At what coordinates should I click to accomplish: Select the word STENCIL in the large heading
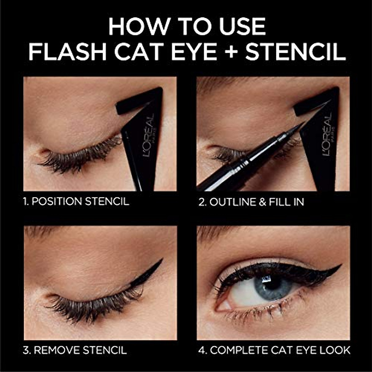(295, 52)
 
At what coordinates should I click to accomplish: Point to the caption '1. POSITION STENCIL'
(76, 201)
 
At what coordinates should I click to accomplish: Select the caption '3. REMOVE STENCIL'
(75, 350)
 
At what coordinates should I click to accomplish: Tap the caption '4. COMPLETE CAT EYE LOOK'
(274, 350)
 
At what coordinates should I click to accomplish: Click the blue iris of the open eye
(260, 290)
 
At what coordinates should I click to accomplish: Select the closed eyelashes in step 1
(81, 155)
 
